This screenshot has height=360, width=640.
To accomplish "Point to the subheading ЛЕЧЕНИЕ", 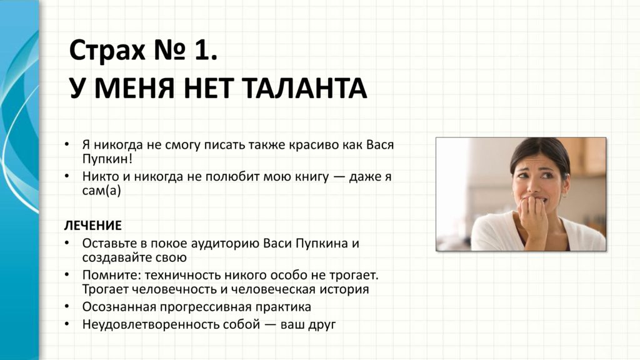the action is tap(93, 225).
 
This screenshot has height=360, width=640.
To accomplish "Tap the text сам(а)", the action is tap(102, 191).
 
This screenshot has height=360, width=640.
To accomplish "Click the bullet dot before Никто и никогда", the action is tap(67, 176).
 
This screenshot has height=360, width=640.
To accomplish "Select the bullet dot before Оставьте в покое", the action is tap(67, 242).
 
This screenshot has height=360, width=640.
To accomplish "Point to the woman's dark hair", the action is tap(538, 153).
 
